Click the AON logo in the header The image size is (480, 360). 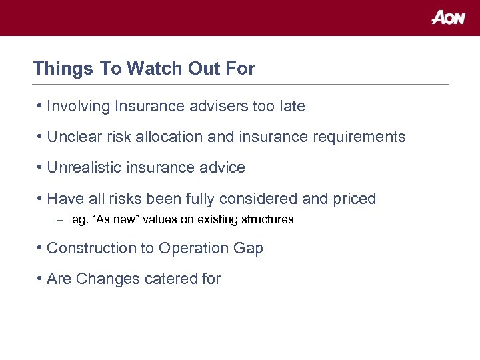(x=448, y=18)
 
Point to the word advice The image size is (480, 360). (x=223, y=167)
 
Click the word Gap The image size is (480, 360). (x=248, y=248)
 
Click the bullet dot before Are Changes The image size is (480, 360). (x=41, y=279)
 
